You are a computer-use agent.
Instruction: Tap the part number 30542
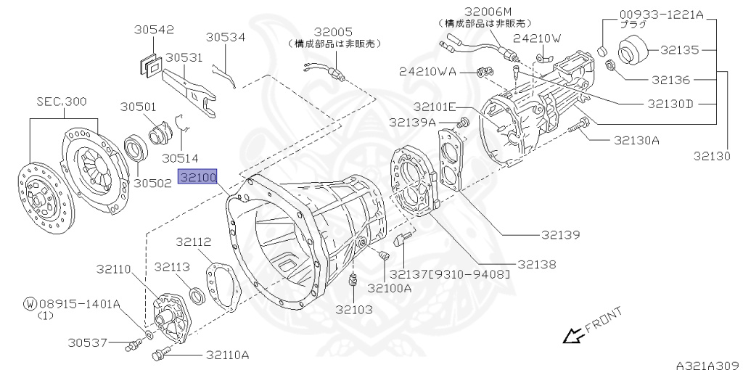click(x=154, y=30)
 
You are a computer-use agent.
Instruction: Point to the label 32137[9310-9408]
click(x=449, y=274)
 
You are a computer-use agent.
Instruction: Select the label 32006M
click(x=488, y=12)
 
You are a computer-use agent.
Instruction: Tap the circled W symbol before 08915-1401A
click(x=29, y=303)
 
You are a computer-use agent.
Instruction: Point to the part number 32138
click(x=536, y=265)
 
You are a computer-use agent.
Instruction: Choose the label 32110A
click(x=227, y=355)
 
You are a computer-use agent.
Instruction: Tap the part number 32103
click(x=353, y=309)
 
